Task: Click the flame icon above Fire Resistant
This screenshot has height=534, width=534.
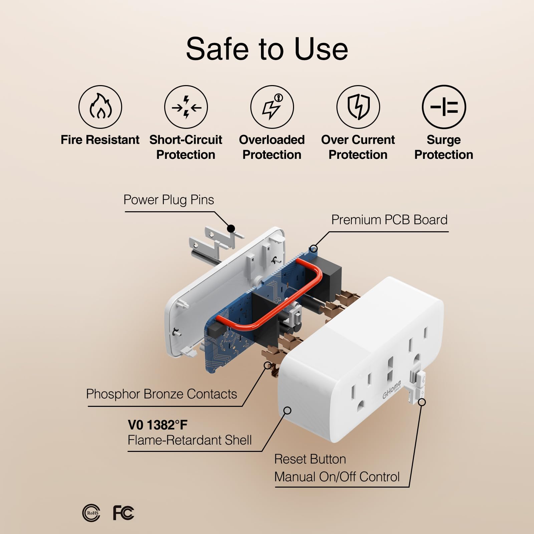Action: pyautogui.click(x=100, y=107)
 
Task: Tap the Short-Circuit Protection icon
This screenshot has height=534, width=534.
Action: pyautogui.click(x=186, y=107)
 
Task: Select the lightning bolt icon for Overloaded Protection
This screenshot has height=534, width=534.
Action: pyautogui.click(x=272, y=107)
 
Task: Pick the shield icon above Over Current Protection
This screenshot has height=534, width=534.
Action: pyautogui.click(x=358, y=107)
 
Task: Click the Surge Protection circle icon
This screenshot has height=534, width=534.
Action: pyautogui.click(x=444, y=107)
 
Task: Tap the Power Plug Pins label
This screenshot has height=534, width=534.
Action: pyautogui.click(x=169, y=200)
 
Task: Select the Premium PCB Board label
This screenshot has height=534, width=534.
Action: pyautogui.click(x=389, y=220)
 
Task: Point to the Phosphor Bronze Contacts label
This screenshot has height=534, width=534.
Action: pyautogui.click(x=162, y=394)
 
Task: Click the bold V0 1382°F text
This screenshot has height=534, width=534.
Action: pyautogui.click(x=158, y=425)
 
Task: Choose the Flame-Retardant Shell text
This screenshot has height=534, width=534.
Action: pyautogui.click(x=190, y=440)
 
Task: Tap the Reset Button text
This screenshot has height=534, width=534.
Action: pyautogui.click(x=310, y=459)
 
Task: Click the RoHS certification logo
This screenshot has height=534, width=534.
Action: pyautogui.click(x=91, y=513)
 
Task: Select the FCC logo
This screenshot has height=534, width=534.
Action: pyautogui.click(x=123, y=513)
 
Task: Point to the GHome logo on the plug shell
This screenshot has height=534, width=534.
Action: pyautogui.click(x=391, y=390)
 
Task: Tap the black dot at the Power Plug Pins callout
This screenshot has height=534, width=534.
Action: pyautogui.click(x=231, y=229)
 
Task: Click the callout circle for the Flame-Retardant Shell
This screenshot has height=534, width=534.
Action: pyautogui.click(x=287, y=411)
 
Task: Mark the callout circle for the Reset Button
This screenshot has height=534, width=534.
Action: pyautogui.click(x=422, y=402)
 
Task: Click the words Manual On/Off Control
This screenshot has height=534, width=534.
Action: pyautogui.click(x=337, y=477)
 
